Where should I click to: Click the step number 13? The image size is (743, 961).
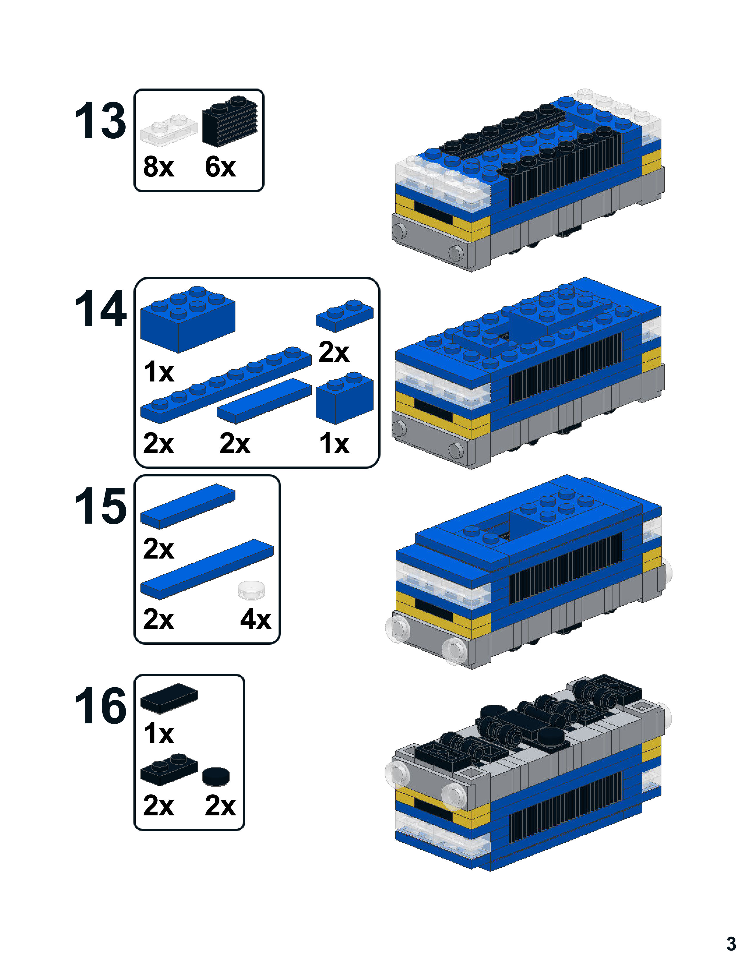point(100,120)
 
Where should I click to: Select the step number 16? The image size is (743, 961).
point(100,706)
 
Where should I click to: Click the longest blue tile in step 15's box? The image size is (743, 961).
point(207,569)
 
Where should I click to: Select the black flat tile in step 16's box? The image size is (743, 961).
point(169,698)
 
